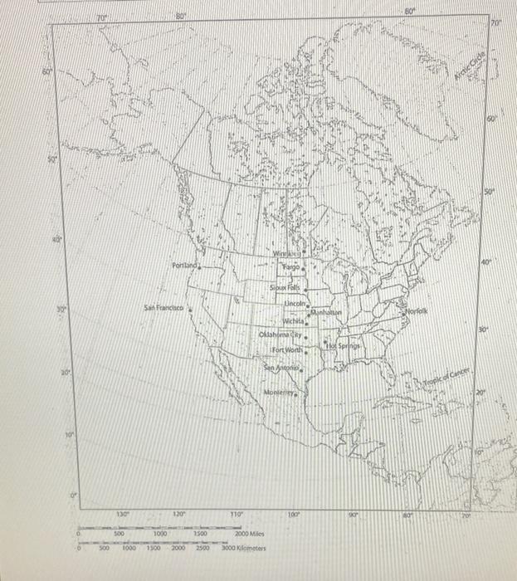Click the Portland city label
(x=185, y=266)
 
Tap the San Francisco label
(x=163, y=307)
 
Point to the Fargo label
(x=290, y=268)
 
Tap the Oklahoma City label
(x=282, y=335)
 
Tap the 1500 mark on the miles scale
(x=199, y=535)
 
